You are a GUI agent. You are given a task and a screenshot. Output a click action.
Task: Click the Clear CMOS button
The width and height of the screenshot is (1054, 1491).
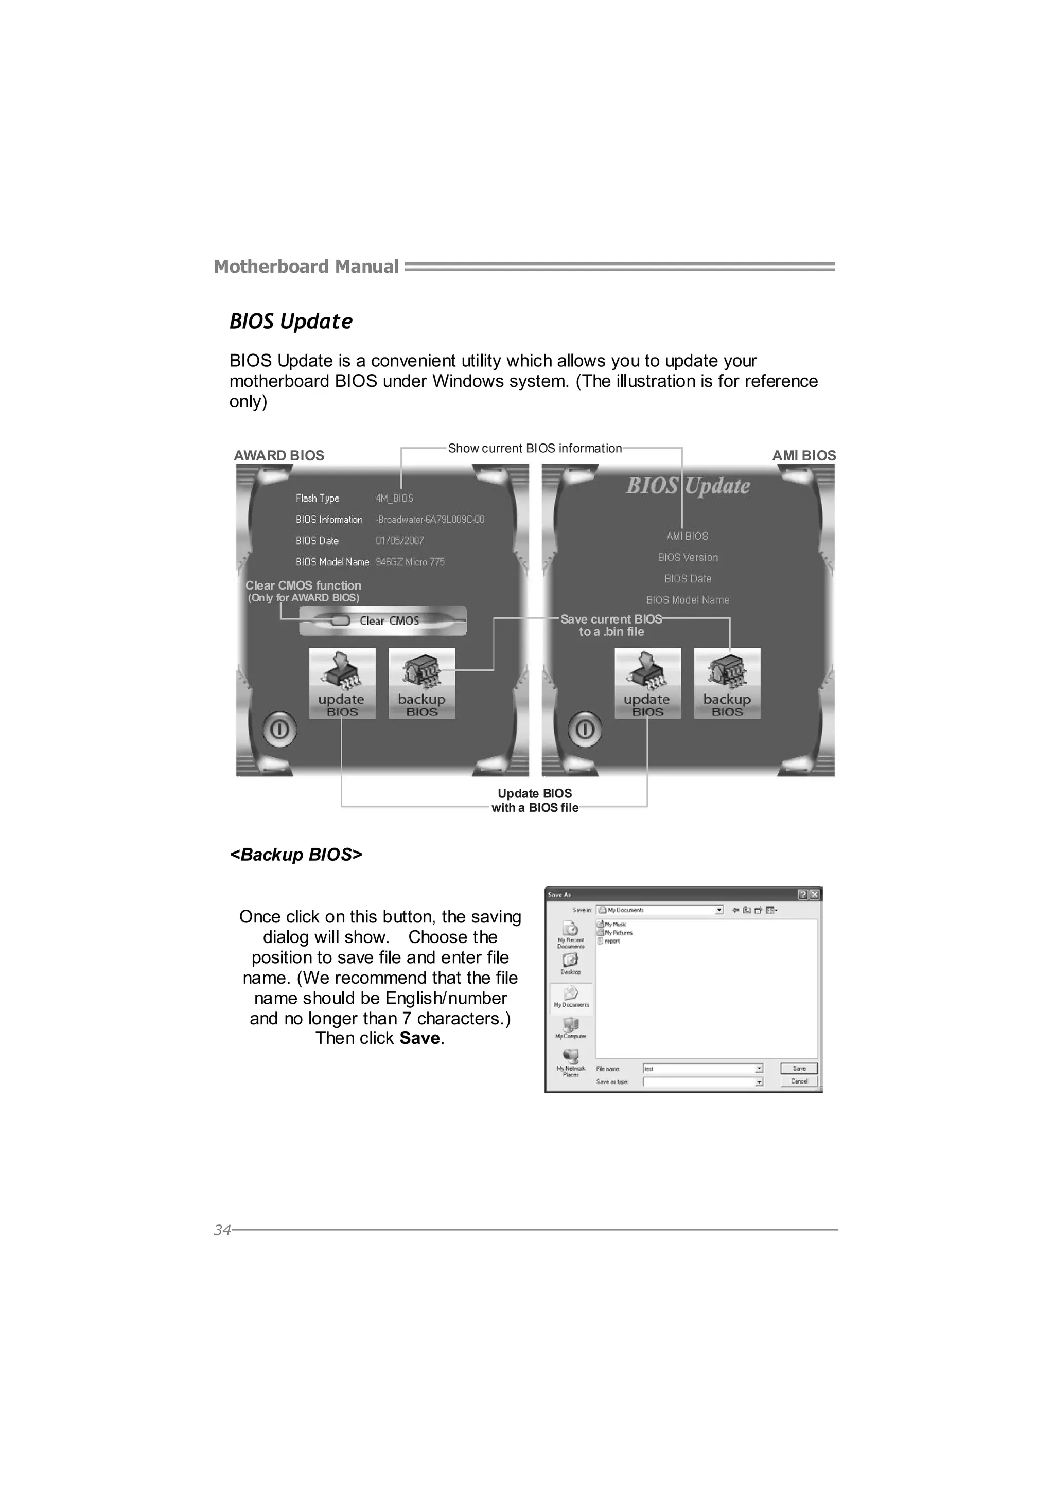[382, 621]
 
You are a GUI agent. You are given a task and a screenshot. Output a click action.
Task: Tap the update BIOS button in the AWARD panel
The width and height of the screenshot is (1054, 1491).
[342, 683]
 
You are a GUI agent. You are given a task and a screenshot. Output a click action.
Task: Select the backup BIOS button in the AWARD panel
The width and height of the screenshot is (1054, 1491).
[421, 683]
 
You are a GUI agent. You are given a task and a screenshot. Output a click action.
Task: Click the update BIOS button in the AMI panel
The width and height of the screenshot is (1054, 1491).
[647, 683]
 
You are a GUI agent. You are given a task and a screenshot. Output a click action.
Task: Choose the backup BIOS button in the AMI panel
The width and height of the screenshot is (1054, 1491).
[727, 683]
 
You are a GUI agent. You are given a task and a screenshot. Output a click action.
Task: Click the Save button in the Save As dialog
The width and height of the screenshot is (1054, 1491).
[799, 1068]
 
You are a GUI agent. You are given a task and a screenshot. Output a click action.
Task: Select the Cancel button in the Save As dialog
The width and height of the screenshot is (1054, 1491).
[799, 1081]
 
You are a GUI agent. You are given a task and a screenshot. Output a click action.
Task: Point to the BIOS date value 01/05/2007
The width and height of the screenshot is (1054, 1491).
[399, 541]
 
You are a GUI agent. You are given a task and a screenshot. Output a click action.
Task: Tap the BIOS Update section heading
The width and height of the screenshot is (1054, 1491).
[291, 322]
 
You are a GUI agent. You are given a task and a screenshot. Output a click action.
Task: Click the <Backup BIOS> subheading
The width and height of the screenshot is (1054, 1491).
[296, 855]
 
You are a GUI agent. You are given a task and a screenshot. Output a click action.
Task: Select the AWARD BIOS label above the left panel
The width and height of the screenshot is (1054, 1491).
[278, 456]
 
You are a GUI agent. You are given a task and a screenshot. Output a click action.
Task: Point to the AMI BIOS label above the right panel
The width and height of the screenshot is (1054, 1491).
[803, 456]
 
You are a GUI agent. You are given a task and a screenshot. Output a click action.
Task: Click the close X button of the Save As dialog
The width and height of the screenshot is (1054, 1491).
[814, 895]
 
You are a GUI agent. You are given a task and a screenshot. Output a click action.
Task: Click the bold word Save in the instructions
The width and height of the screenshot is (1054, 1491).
[419, 1038]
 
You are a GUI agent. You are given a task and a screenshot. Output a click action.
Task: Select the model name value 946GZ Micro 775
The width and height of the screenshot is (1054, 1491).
[410, 562]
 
